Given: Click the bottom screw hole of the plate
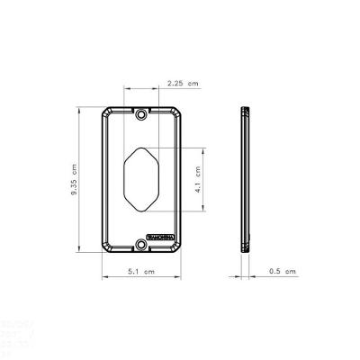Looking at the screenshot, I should (141, 244).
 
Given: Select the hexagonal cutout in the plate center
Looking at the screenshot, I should (141, 180).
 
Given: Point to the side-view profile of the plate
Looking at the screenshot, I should (246, 180).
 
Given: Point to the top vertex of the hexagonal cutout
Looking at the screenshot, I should (141, 146).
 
